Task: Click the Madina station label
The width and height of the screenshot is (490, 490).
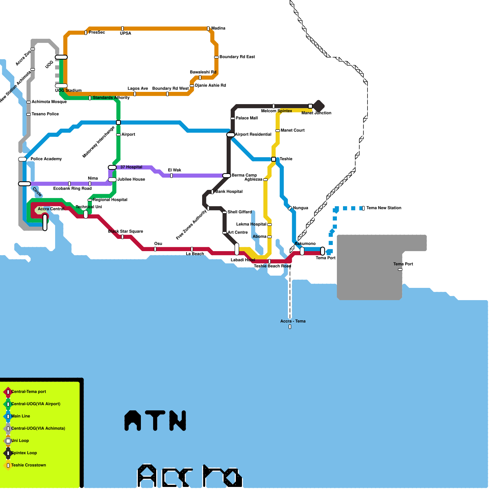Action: [218, 28]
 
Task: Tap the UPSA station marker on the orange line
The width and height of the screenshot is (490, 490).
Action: [123, 28]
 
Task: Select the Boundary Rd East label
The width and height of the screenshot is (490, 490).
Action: [237, 57]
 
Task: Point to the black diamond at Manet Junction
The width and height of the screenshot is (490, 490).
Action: [318, 106]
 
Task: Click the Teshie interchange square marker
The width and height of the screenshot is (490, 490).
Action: [273, 159]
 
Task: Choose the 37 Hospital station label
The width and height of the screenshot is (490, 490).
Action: [131, 167]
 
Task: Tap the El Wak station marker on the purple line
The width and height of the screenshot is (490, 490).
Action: [171, 175]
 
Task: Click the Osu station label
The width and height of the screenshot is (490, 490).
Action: [158, 243]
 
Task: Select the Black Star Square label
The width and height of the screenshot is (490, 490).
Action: [126, 231]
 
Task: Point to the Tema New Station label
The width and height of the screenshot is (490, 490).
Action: [384, 208]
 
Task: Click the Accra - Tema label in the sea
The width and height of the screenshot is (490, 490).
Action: [293, 321]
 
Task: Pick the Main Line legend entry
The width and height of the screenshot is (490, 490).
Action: [21, 416]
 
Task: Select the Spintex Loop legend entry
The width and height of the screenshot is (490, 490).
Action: [24, 453]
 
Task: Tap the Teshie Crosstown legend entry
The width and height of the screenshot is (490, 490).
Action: [28, 465]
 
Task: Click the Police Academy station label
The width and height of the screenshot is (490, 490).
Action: [46, 159]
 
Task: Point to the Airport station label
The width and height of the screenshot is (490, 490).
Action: [128, 134]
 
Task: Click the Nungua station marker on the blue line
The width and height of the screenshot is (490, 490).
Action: [290, 208]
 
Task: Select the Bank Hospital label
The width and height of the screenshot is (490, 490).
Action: [229, 192]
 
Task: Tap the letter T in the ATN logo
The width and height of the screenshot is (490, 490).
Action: [155, 420]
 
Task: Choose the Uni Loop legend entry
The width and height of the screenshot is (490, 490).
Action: [20, 441]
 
